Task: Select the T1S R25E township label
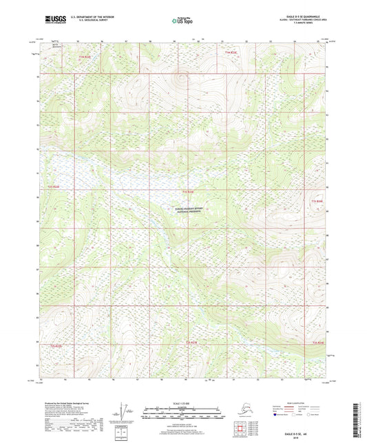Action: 317,200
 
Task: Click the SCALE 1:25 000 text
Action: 183,402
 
